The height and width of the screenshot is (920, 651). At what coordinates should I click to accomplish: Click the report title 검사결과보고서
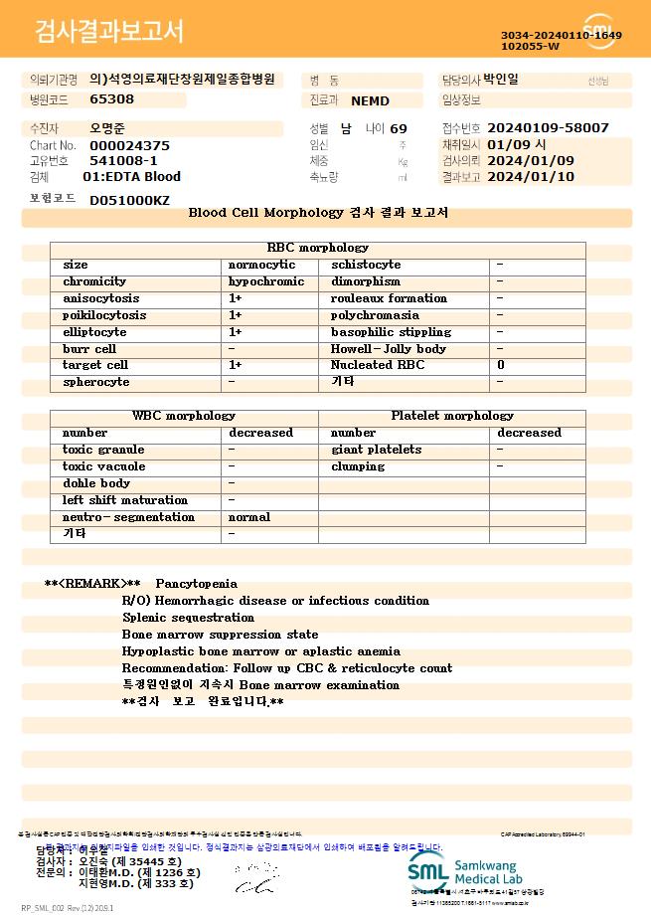109,32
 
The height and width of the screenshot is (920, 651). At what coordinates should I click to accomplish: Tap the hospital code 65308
111,99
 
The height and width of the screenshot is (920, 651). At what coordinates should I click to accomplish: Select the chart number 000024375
129,145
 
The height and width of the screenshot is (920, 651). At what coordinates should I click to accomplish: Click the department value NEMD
370,100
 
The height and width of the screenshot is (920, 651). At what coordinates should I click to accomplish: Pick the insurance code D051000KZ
129,200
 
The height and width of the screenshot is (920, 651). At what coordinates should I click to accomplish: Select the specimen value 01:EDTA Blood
131,177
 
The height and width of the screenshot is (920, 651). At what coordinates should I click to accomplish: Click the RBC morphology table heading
318,247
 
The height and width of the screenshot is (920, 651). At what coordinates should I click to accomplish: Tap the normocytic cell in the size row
261,265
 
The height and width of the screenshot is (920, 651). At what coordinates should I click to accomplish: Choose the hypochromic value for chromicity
265,281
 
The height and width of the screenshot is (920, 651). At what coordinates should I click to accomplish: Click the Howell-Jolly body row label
388,349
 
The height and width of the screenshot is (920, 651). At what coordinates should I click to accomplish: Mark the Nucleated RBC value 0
500,365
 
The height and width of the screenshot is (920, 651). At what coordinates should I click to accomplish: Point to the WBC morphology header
184,416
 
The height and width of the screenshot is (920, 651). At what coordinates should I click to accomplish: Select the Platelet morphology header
452,416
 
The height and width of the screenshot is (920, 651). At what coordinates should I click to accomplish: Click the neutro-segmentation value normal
249,517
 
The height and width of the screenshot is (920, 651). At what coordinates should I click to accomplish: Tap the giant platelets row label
376,450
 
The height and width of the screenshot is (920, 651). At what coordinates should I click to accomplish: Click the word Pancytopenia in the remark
197,584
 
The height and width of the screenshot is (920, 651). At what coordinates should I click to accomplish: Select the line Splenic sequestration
188,618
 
